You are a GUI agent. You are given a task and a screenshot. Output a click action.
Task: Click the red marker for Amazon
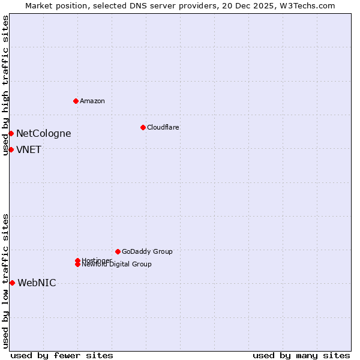76,101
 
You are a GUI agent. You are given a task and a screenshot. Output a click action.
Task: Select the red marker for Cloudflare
143,127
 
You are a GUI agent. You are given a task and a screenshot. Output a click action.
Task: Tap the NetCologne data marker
11,133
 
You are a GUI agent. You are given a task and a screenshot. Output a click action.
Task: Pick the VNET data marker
11,149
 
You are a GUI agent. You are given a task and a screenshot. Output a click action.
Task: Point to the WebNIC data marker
12,283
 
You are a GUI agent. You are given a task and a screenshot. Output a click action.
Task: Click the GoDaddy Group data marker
118,251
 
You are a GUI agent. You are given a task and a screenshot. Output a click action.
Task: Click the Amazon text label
92,101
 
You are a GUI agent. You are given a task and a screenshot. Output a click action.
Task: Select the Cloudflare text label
163,127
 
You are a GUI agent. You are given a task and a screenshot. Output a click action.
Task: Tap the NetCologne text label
43,133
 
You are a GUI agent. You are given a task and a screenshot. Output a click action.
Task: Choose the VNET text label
29,149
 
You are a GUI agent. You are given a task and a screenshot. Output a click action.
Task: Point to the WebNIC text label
37,283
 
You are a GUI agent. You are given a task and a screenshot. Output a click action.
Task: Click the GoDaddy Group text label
147,251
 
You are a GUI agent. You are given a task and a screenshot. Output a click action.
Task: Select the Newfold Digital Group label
117,264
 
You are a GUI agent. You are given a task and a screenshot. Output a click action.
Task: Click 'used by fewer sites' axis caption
62,355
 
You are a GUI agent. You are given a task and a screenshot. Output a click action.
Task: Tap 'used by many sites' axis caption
301,355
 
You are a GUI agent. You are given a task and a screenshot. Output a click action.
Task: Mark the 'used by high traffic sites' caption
6,85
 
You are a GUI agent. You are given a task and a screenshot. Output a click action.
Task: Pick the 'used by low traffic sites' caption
6,281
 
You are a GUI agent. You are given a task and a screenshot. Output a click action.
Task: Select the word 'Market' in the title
40,5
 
